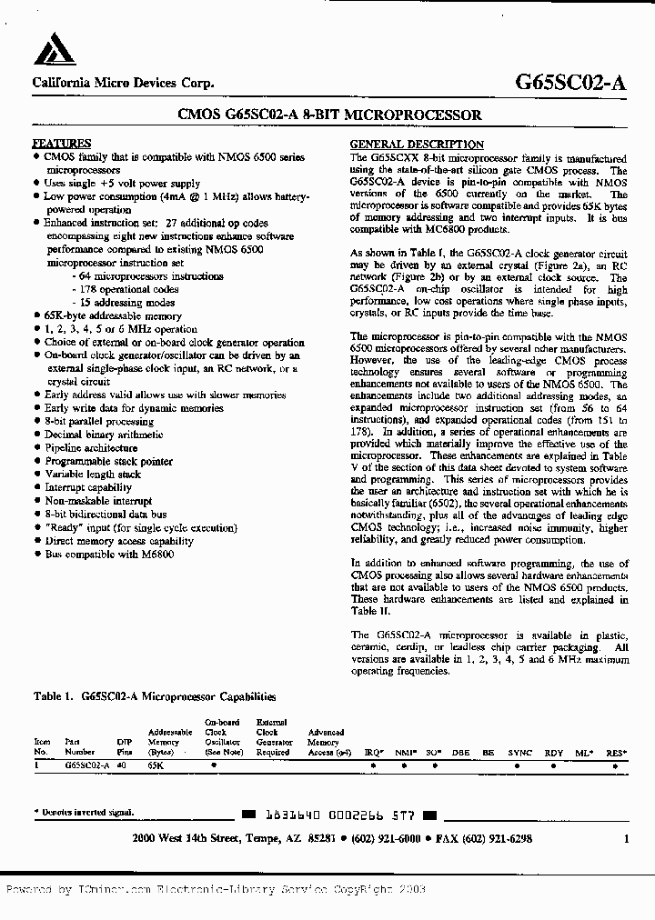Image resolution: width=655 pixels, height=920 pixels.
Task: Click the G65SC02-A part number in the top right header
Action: pyautogui.click(x=570, y=82)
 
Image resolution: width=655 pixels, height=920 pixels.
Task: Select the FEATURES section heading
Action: pyautogui.click(x=62, y=144)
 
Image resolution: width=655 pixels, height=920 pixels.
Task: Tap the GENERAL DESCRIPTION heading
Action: pyautogui.click(x=417, y=145)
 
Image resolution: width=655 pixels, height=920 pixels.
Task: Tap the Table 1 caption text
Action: pyautogui.click(x=154, y=696)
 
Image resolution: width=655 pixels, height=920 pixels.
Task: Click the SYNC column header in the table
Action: pyautogui.click(x=520, y=754)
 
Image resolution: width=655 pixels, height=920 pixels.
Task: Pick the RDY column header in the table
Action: pyautogui.click(x=554, y=754)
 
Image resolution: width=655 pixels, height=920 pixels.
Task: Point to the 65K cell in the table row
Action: pyautogui.click(x=156, y=765)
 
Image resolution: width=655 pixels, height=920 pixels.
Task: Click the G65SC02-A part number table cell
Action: pyautogui.click(x=87, y=765)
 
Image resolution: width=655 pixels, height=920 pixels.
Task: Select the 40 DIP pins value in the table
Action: pyautogui.click(x=123, y=765)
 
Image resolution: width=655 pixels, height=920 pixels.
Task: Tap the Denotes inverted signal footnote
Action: pyautogui.click(x=85, y=812)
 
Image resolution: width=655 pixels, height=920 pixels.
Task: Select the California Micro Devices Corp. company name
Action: pyautogui.click(x=124, y=83)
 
